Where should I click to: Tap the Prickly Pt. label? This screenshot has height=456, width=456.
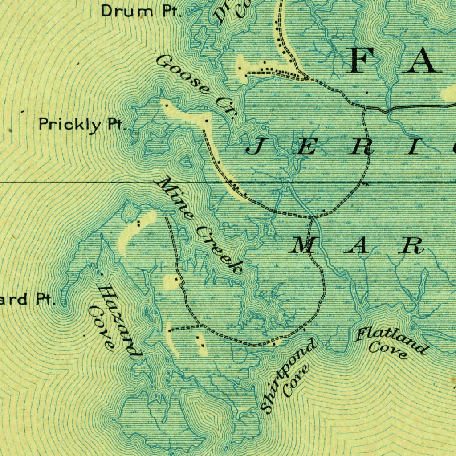(82, 124)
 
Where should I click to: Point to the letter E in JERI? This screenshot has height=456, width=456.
(305, 148)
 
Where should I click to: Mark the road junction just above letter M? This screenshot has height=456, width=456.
(313, 217)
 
